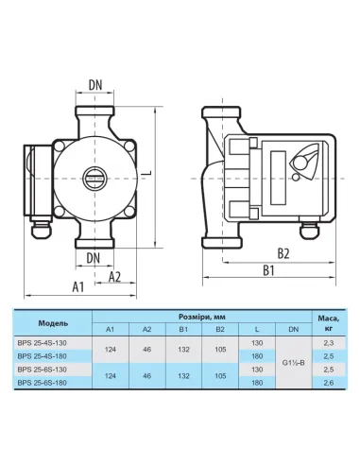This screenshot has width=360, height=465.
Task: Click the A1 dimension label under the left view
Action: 78,287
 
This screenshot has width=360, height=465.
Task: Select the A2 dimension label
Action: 114,277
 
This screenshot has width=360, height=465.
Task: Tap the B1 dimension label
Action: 268,270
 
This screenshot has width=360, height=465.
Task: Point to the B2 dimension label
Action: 283,253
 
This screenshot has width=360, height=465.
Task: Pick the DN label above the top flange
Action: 95,85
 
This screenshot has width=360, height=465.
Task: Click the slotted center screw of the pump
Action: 95,179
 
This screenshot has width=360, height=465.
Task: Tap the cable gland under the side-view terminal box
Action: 310,232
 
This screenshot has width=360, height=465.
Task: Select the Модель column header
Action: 53,323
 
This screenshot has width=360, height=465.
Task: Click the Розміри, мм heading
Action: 202,317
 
